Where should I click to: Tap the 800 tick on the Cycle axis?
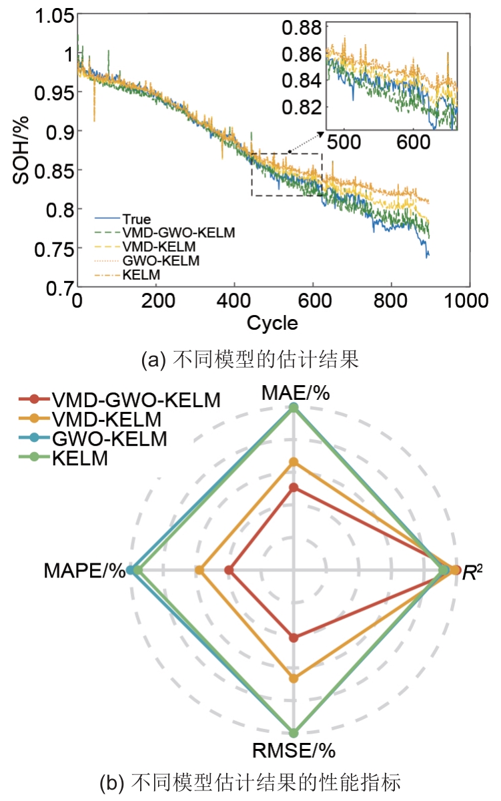point(388,302)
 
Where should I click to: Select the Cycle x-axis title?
point(272,324)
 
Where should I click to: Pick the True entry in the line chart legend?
point(136,219)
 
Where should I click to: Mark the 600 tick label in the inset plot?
point(413,142)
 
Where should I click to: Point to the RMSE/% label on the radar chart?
point(294,750)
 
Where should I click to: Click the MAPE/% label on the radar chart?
point(85,571)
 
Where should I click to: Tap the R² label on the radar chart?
point(473,572)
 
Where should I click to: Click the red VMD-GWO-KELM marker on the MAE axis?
point(293,488)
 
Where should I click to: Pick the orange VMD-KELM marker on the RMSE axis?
point(293,678)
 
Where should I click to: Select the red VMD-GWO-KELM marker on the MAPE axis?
point(229,570)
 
